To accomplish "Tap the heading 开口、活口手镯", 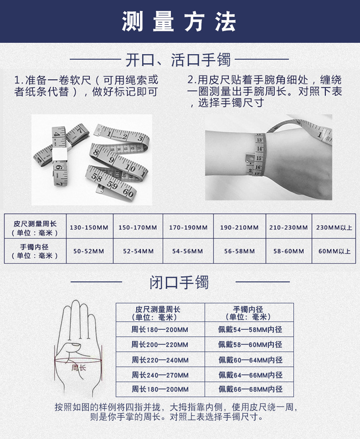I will click(x=178, y=60).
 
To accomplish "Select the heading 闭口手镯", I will click(x=179, y=282).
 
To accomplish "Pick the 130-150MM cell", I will click(x=89, y=227).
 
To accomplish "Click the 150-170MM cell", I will click(x=138, y=227).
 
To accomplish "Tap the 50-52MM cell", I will click(x=89, y=251).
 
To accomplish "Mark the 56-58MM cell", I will click(x=239, y=251).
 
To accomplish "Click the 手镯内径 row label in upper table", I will click(x=35, y=251).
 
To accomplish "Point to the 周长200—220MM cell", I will click(x=160, y=345).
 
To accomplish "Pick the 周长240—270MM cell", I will click(x=160, y=375).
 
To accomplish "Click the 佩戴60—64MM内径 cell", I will click(x=250, y=360).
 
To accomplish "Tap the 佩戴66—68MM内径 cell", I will click(x=250, y=389).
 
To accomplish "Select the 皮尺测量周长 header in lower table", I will click(x=160, y=313).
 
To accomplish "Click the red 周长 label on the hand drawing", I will click(x=78, y=367).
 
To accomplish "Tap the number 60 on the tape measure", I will click(x=128, y=193).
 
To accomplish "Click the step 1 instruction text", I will click(x=87, y=86).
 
